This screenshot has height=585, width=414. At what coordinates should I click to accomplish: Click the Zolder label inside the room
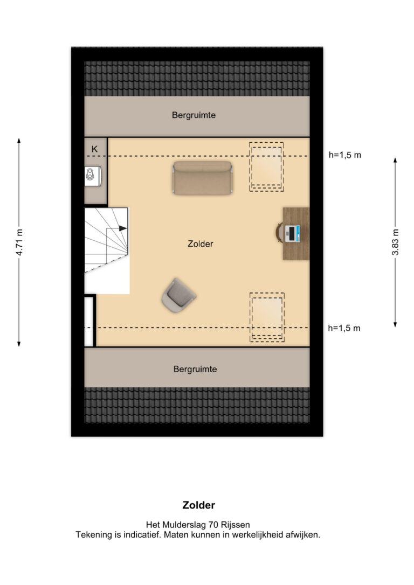200,244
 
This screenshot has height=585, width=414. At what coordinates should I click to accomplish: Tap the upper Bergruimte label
194,115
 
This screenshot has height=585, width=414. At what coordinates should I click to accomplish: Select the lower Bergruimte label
195,370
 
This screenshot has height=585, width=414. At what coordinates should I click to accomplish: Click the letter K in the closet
94,149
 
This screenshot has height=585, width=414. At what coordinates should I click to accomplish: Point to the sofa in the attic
202,178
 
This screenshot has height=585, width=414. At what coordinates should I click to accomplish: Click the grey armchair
179,295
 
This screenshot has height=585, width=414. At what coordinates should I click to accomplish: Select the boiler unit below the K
93,176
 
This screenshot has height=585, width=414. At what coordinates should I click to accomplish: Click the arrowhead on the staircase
123,228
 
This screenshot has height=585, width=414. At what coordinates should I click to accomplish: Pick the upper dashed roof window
266,167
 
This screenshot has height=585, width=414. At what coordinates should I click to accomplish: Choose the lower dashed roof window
267,317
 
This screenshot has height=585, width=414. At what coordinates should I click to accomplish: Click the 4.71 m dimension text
19,242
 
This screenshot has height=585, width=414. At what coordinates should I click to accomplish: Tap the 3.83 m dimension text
395,242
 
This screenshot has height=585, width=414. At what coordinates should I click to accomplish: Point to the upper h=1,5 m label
344,155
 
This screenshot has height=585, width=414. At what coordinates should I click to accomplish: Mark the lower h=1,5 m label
344,328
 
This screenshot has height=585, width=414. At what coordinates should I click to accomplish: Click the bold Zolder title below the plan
198,505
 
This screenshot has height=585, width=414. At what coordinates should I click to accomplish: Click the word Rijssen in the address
236,525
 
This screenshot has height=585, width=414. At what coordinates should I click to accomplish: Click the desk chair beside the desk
279,233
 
